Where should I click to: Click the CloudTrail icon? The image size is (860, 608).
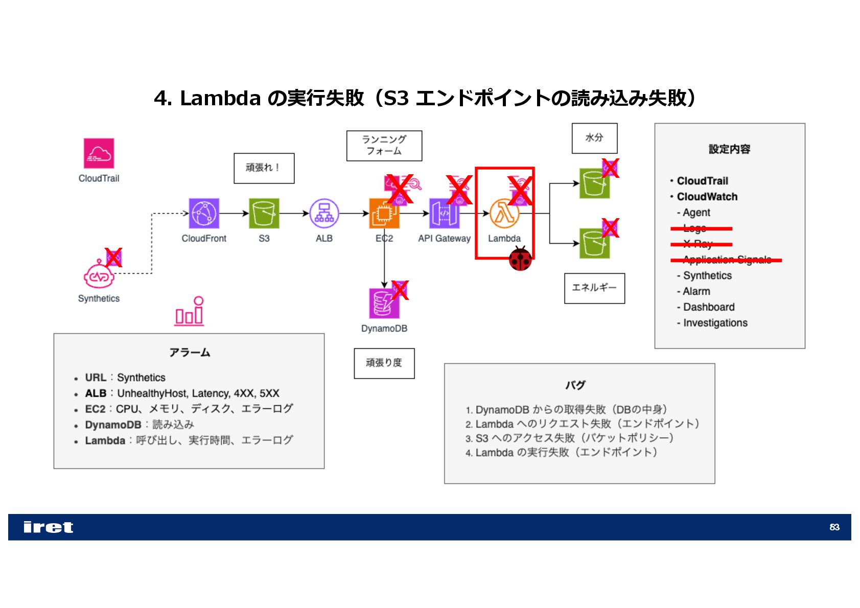[99, 153]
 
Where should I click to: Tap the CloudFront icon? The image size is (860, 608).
[204, 213]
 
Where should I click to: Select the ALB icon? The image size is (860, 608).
[324, 213]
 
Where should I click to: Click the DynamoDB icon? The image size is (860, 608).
[383, 303]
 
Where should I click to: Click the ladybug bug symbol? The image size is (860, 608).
[520, 259]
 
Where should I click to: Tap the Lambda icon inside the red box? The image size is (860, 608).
[504, 213]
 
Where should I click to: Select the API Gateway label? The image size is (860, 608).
[444, 238]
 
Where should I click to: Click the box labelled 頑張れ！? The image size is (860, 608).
[264, 168]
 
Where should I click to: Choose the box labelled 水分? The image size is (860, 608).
[594, 138]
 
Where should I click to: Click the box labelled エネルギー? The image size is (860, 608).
[594, 288]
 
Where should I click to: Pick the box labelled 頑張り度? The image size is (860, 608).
[384, 363]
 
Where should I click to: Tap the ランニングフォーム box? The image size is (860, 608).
[384, 146]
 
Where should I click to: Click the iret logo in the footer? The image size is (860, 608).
[48, 527]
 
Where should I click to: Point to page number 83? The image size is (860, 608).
[834, 527]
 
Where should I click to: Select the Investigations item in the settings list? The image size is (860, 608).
[715, 323]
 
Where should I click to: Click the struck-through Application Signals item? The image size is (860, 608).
[727, 260]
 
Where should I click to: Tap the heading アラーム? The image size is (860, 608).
[190, 353]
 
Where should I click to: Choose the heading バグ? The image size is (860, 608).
[575, 385]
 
